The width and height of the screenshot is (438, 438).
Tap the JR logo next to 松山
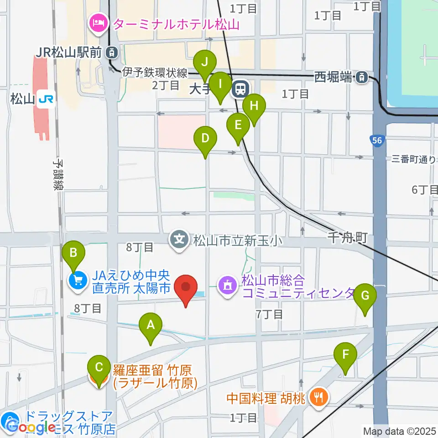[x=46, y=98]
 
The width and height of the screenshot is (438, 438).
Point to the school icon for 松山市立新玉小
[x=180, y=239]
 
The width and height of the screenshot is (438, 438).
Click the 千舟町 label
[x=348, y=238]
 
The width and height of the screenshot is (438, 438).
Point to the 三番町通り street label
[x=414, y=159]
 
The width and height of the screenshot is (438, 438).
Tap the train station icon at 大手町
[x=240, y=89]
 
